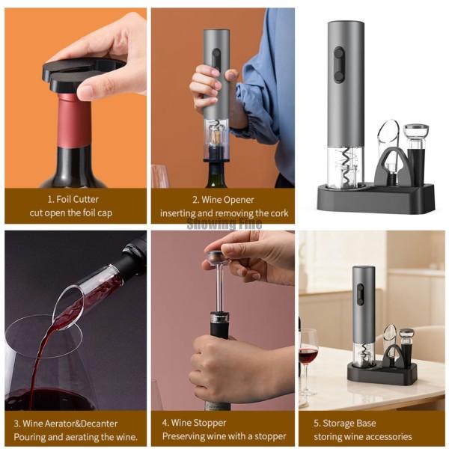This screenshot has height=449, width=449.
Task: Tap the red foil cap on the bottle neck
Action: pyautogui.click(x=74, y=120)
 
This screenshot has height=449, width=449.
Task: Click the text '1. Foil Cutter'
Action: pyautogui.click(x=73, y=199)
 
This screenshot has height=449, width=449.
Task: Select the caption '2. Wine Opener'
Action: pyautogui.click(x=223, y=200)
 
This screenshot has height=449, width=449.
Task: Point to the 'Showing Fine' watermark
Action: pyautogui.click(x=224, y=223)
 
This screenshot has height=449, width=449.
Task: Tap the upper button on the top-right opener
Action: pyautogui.click(x=339, y=54)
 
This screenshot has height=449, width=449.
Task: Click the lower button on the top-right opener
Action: pyautogui.click(x=339, y=76)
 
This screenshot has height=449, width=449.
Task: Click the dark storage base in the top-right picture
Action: pyautogui.click(x=376, y=198)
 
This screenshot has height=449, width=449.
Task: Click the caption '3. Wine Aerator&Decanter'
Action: pyautogui.click(x=66, y=424)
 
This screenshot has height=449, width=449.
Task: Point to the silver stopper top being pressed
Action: pyautogui.click(x=216, y=256)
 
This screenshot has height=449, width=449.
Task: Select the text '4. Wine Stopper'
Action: pyautogui.click(x=194, y=423)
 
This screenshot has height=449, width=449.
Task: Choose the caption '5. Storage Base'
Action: pyautogui.click(x=345, y=423)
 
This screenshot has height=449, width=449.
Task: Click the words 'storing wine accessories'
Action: pyautogui.click(x=363, y=437)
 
